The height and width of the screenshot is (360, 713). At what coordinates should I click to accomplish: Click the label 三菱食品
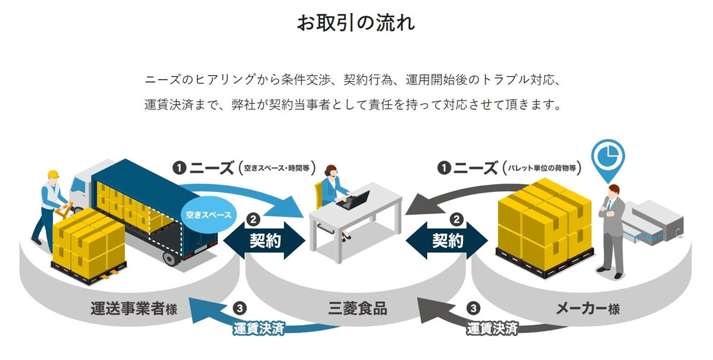point(357,309)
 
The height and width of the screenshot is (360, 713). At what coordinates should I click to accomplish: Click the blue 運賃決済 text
point(258,329)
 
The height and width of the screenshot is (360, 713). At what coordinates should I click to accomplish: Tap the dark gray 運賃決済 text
point(491,329)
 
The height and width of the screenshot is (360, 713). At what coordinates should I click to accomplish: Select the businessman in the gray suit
point(612,229)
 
